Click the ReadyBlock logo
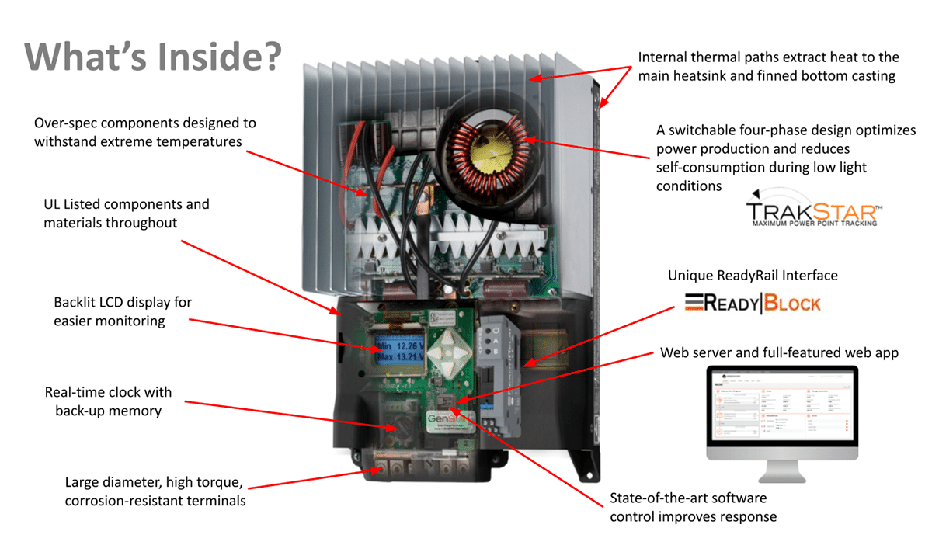click(752, 302)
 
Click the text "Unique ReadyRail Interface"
click(753, 275)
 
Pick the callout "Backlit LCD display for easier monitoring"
click(123, 311)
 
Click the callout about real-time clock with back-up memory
click(108, 401)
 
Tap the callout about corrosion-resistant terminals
click(155, 491)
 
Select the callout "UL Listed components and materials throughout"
click(127, 214)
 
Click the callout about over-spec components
click(144, 132)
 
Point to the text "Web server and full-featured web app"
click(779, 352)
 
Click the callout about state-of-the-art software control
click(693, 507)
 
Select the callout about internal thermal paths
click(768, 67)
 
